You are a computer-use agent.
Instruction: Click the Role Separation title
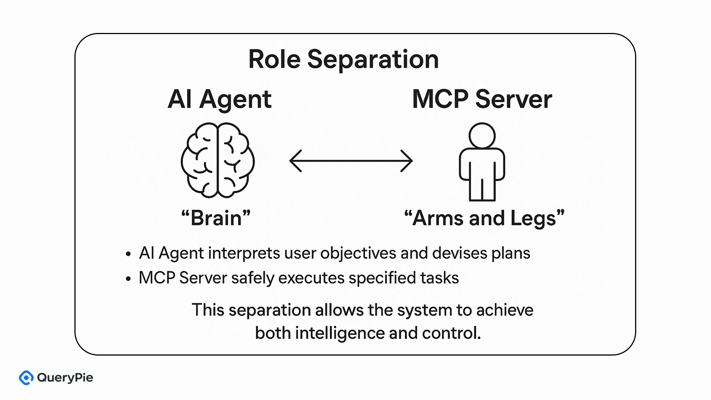click(x=343, y=59)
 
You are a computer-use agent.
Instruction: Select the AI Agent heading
click(x=220, y=99)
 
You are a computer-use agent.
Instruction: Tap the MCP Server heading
click(x=482, y=99)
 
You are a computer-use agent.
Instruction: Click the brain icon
click(x=218, y=160)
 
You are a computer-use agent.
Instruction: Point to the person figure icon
click(x=482, y=163)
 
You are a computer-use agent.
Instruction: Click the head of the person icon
click(x=482, y=136)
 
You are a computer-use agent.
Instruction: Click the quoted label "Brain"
click(x=216, y=218)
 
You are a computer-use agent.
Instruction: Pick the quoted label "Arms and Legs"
click(x=484, y=218)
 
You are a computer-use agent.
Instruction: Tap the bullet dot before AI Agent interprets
click(x=128, y=254)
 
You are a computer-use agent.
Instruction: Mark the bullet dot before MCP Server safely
click(x=128, y=279)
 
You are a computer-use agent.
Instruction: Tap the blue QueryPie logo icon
click(x=26, y=377)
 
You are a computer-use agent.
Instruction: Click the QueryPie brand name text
click(x=65, y=378)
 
